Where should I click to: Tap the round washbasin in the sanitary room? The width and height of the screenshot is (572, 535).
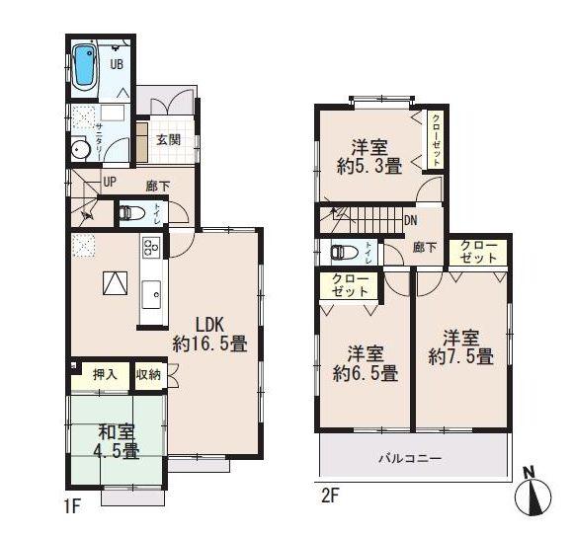pyautogui.click(x=80, y=149)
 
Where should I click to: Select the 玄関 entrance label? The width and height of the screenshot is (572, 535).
pyautogui.click(x=167, y=139)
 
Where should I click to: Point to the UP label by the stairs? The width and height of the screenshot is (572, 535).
pyautogui.click(x=110, y=182)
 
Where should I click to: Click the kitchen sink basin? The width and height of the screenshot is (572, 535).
pyautogui.click(x=153, y=294)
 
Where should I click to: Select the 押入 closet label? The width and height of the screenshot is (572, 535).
pyautogui.click(x=105, y=374)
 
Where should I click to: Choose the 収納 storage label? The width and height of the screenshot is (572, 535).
pyautogui.click(x=148, y=374)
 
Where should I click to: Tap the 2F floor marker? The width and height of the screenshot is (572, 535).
pyautogui.click(x=329, y=495)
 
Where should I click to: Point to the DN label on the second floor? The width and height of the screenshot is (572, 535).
pyautogui.click(x=411, y=221)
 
